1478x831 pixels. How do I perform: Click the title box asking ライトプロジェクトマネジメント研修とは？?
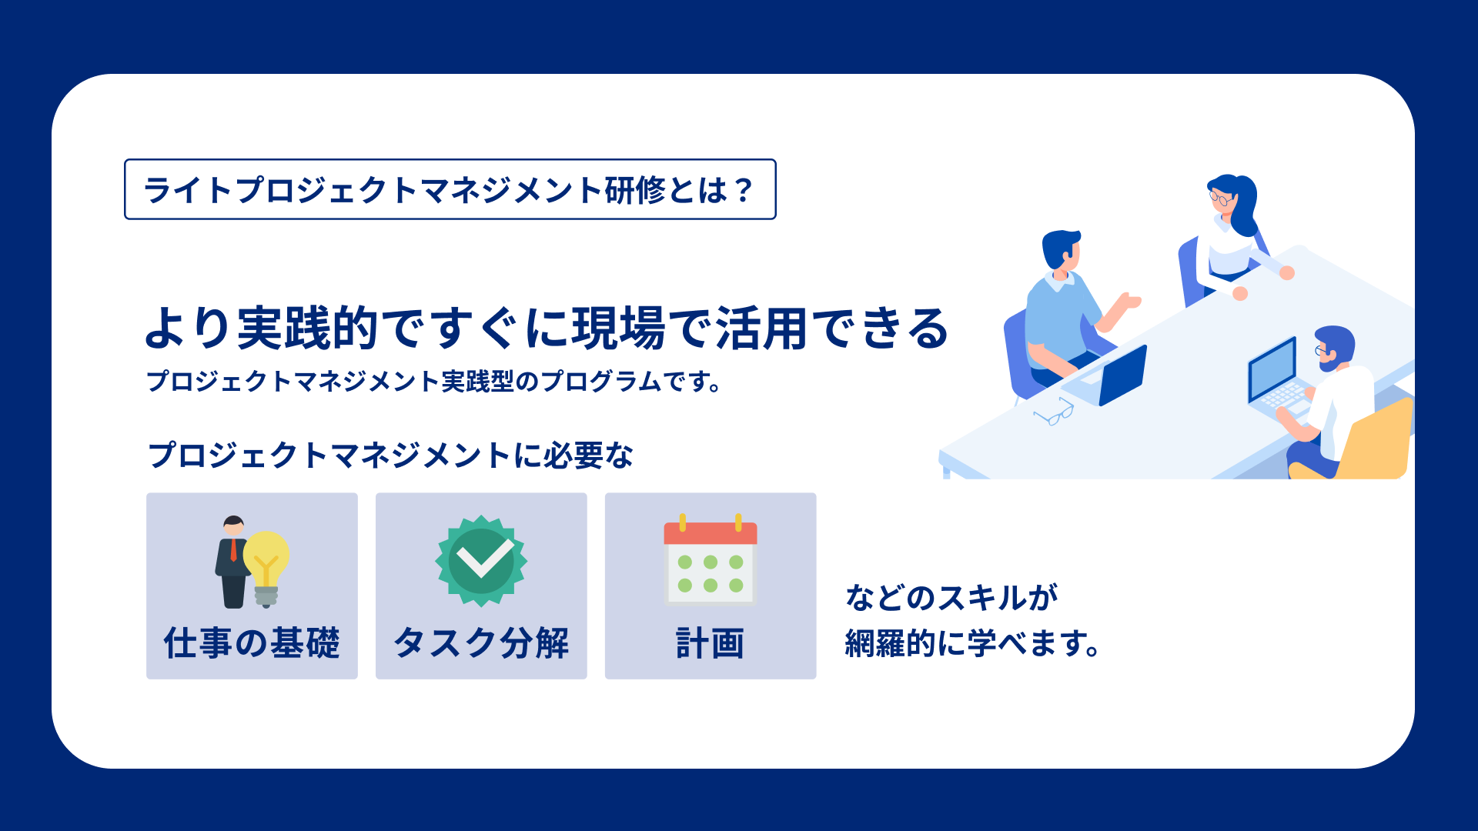pos(450,189)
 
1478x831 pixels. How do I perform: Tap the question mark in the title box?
pos(743,190)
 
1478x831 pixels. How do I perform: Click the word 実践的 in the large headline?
pos(308,328)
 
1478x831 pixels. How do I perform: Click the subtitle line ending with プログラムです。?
pos(434,381)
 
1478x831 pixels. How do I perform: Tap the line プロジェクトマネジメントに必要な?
pos(390,455)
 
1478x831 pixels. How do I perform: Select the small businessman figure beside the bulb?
pos(232,562)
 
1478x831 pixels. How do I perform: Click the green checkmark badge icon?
pos(481,561)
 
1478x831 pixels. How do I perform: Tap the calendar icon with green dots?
pos(711,559)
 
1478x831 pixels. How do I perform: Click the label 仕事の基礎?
pos(252,642)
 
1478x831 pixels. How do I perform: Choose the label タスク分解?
pos(481,642)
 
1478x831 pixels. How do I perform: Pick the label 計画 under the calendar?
pos(711,643)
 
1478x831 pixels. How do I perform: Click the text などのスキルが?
pos(952,597)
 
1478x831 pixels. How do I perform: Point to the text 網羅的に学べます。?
pos(973,643)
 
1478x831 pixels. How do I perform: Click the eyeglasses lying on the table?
pos(1054,412)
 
